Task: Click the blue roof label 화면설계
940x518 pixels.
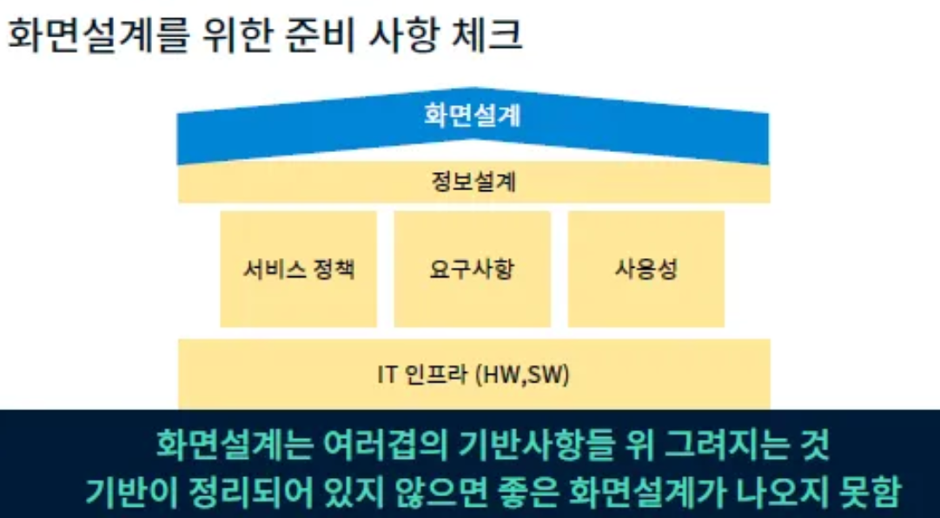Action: [x=473, y=116]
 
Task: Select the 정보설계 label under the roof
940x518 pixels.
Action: [x=473, y=183]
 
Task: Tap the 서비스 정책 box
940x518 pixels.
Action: [x=298, y=269]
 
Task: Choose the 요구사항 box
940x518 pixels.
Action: [x=472, y=269]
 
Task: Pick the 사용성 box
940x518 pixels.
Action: [x=645, y=269]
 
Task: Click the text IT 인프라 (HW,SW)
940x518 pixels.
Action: [x=473, y=375]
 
